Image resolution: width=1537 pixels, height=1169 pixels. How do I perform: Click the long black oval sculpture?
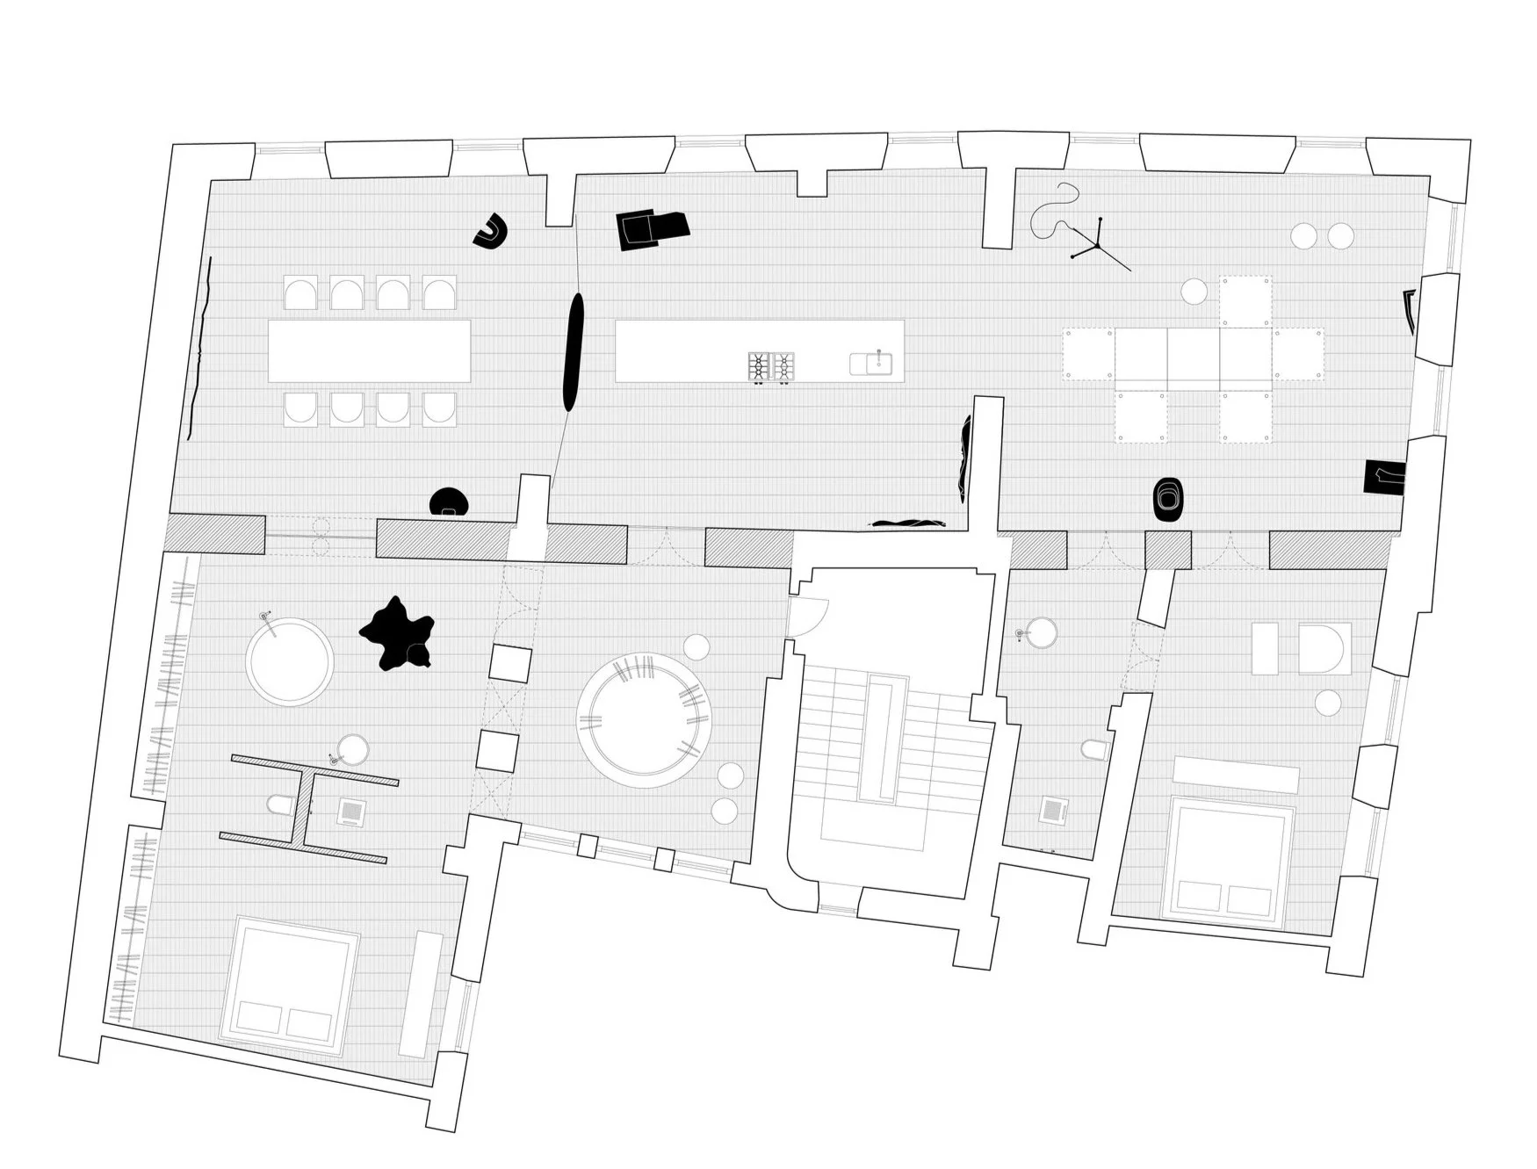point(573,351)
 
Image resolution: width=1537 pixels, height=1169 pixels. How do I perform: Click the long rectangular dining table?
point(369,350)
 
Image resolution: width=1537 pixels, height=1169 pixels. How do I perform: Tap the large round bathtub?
point(289,660)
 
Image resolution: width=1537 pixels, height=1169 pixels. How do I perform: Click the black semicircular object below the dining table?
point(450,502)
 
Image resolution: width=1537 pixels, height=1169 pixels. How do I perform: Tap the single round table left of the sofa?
point(1194,291)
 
